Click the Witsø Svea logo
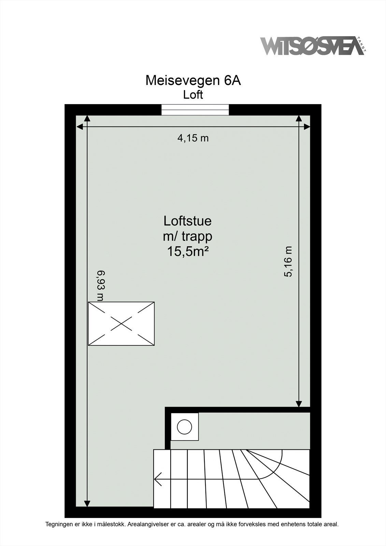(x=312, y=46)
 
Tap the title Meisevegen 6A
(x=193, y=81)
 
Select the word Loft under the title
(x=193, y=95)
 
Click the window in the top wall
(x=195, y=110)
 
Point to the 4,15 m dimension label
(x=193, y=138)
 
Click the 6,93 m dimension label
(x=100, y=286)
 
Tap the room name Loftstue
(x=187, y=220)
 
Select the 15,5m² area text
(x=188, y=252)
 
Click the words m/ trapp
(x=188, y=236)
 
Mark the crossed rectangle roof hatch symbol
(x=121, y=324)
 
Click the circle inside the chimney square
(x=185, y=427)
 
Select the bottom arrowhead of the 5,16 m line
(x=299, y=404)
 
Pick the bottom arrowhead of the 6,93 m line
(x=87, y=504)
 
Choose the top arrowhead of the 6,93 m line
(x=87, y=119)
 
